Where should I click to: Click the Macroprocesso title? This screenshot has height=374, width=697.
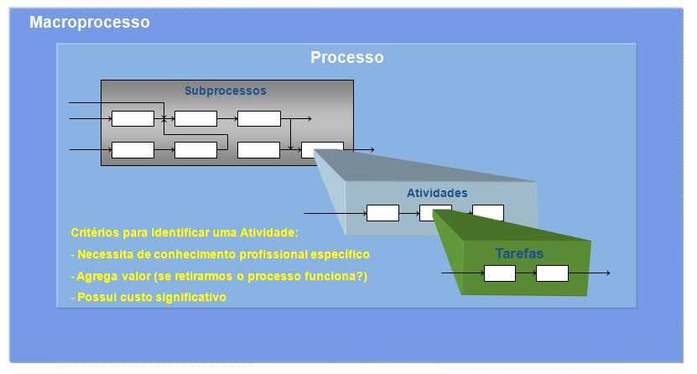pyautogui.click(x=89, y=23)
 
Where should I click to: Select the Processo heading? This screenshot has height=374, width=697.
pyautogui.click(x=346, y=58)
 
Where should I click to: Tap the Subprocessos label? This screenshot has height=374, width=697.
pyautogui.click(x=225, y=91)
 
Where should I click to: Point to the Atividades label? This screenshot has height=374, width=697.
pyautogui.click(x=437, y=194)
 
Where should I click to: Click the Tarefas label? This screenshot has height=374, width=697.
pyautogui.click(x=519, y=253)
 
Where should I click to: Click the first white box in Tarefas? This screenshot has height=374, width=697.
pyautogui.click(x=500, y=273)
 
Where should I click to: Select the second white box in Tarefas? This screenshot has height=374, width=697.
pyautogui.click(x=552, y=273)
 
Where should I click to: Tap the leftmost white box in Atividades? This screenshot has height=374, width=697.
pyautogui.click(x=382, y=213)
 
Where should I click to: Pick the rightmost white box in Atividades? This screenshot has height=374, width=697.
pyautogui.click(x=488, y=213)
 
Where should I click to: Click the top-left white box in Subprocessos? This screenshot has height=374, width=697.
pyautogui.click(x=133, y=119)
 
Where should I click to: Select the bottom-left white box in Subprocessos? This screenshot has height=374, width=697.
pyautogui.click(x=133, y=150)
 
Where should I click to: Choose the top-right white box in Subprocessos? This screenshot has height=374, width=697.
pyautogui.click(x=259, y=119)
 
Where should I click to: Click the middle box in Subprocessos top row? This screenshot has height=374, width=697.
pyautogui.click(x=195, y=119)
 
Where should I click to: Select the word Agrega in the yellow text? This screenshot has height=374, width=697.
pyautogui.click(x=96, y=276)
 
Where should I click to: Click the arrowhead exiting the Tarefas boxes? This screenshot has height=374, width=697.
pyautogui.click(x=606, y=273)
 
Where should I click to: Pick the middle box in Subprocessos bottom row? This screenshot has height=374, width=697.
pyautogui.click(x=195, y=150)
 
